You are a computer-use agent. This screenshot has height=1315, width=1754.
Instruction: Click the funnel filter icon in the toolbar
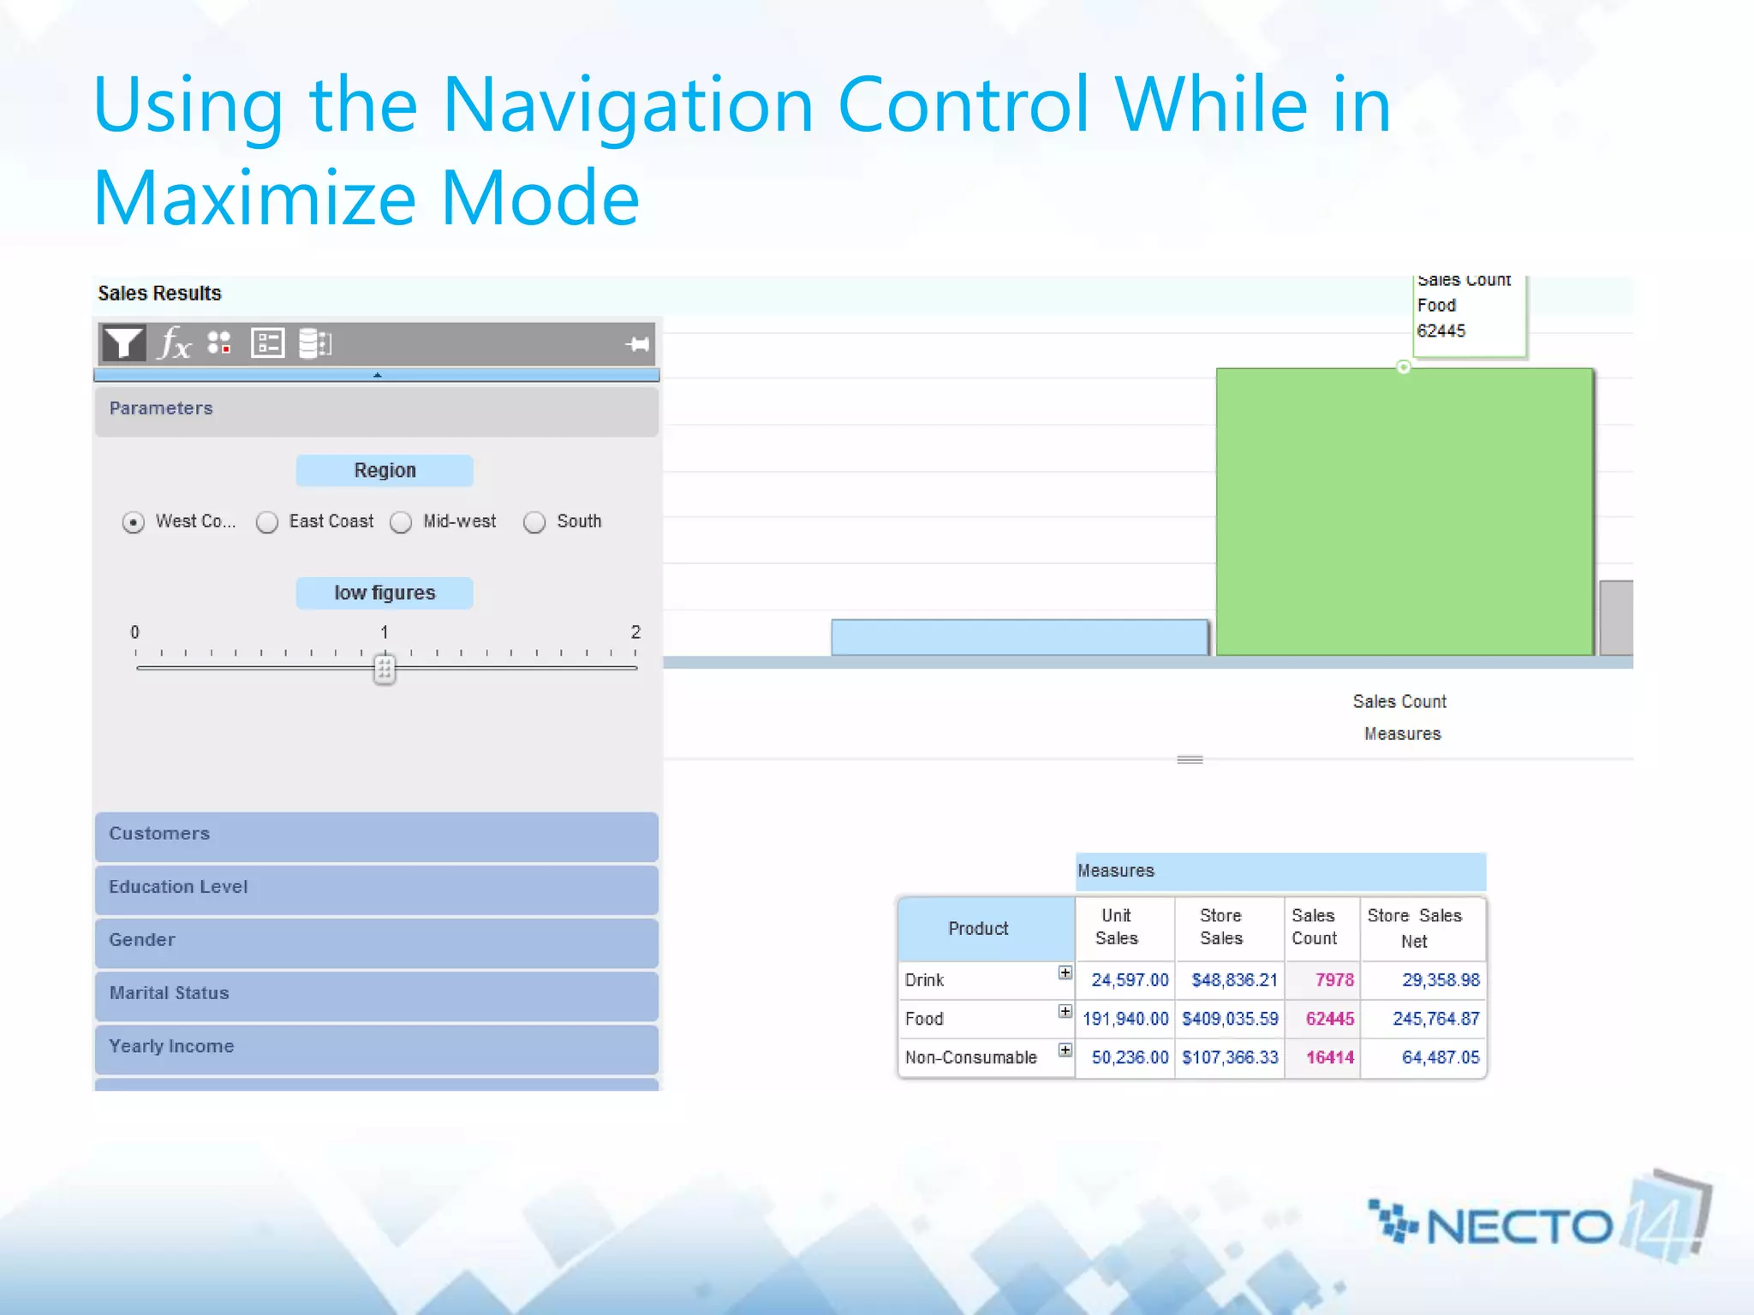pos(123,343)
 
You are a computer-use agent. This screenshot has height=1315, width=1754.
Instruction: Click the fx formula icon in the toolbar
pos(175,343)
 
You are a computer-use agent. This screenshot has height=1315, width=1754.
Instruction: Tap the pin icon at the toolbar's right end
pos(637,344)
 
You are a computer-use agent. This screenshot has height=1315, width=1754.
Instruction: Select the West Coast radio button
pos(134,522)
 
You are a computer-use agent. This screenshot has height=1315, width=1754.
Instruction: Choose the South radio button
pos(534,522)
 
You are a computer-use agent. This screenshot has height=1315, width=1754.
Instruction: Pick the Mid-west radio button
pos(401,522)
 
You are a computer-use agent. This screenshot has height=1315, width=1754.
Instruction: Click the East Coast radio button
pos(267,522)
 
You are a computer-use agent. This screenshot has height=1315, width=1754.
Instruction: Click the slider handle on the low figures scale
pos(385,669)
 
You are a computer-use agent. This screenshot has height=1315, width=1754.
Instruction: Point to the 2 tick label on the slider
pos(635,632)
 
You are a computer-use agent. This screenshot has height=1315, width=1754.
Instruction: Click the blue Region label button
pos(385,471)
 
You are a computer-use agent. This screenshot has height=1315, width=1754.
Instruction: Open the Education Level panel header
pos(377,888)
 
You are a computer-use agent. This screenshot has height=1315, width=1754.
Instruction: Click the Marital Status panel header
pos(377,994)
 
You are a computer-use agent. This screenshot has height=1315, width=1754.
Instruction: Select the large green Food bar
pos(1403,514)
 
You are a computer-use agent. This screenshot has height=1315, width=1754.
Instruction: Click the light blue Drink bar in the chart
pos(1019,638)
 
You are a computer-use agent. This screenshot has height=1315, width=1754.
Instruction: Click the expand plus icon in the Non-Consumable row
pos(1065,1050)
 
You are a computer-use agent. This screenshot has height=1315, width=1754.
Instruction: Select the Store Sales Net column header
pos(1414,928)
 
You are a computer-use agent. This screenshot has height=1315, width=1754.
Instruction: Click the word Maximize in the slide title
pos(255,199)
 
